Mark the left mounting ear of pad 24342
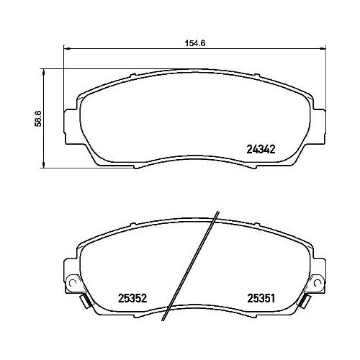click(71, 118)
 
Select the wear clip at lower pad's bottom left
click(84, 302)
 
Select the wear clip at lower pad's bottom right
click(306, 302)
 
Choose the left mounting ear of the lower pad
click(71, 274)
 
